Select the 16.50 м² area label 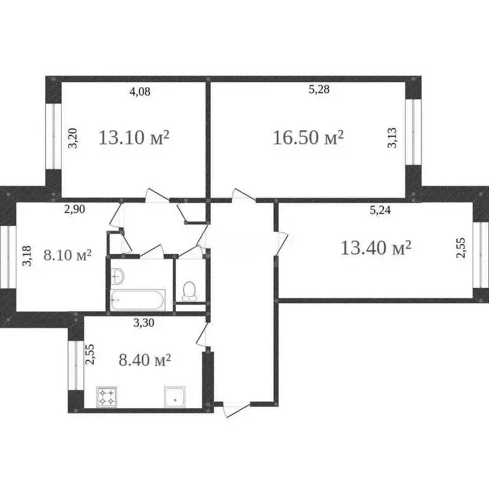pos(308,138)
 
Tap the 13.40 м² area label pos(376,248)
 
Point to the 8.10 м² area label pos(67,255)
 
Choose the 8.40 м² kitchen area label pos(146,360)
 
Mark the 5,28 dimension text pos(319,90)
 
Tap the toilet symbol pos(189,291)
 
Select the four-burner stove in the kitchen pos(106,397)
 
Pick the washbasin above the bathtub pos(118,275)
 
